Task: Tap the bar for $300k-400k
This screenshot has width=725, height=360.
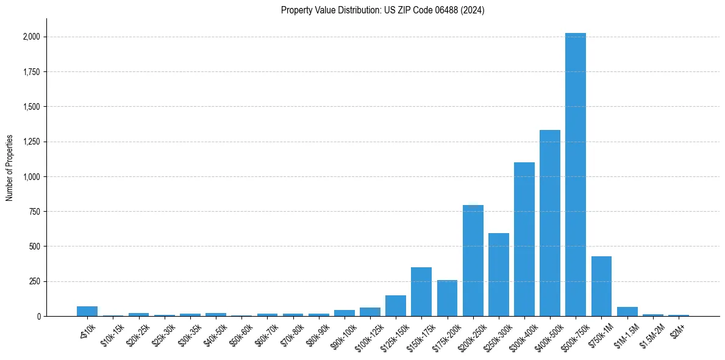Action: [x=524, y=239]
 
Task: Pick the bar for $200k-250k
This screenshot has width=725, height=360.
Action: [x=473, y=261]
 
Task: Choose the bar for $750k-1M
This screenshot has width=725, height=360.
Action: [x=601, y=286]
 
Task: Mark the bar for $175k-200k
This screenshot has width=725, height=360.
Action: [x=447, y=298]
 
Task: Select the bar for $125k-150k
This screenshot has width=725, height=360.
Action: [x=395, y=306]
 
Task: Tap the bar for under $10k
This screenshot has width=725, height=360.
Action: [x=87, y=311]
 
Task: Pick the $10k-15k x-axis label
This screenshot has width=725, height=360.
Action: [x=112, y=334]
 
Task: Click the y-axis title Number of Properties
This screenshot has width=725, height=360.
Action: [x=10, y=168]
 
